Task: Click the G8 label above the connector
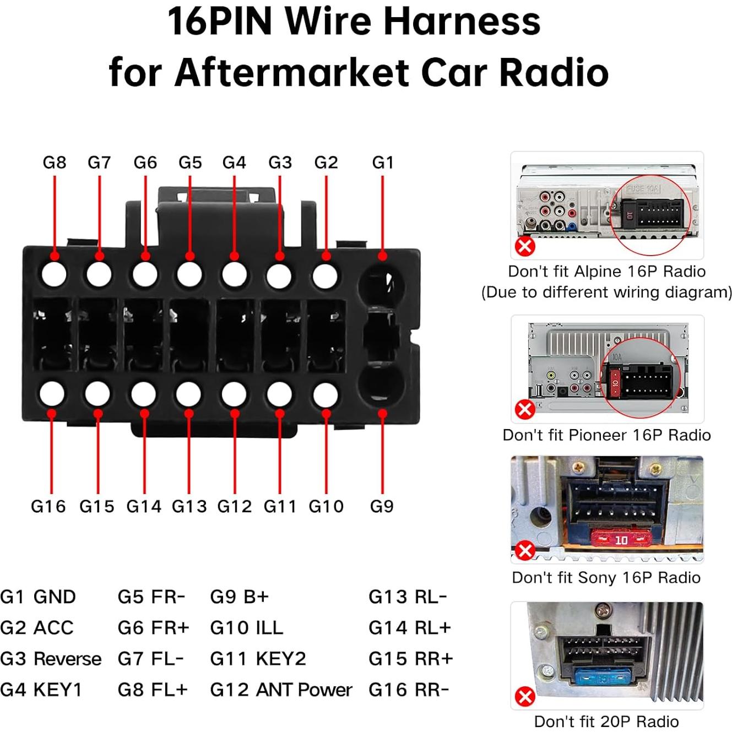click(x=54, y=162)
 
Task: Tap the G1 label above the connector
click(x=383, y=162)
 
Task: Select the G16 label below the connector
click(x=48, y=506)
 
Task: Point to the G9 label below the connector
click(x=382, y=506)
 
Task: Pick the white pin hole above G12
click(x=234, y=394)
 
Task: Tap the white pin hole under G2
click(x=326, y=275)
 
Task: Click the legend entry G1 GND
click(x=38, y=597)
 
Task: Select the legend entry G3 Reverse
click(x=51, y=659)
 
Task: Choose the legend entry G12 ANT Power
click(x=281, y=690)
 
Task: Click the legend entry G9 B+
click(x=239, y=597)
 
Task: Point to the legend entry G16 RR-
click(x=409, y=690)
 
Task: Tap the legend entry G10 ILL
click(x=246, y=628)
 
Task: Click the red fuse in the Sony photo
click(x=621, y=540)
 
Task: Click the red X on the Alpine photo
click(x=525, y=246)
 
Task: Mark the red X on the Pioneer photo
click(x=525, y=409)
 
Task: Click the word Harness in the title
click(x=462, y=22)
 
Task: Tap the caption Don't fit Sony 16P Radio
click(x=606, y=577)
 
